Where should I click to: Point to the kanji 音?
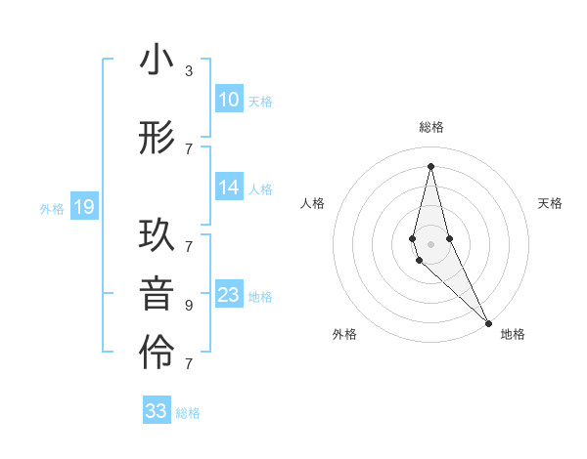157,295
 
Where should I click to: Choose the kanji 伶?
157,354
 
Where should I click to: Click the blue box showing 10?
229,100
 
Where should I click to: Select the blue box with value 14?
229,188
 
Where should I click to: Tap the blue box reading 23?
229,295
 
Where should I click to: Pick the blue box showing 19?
83,207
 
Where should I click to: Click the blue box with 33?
157,411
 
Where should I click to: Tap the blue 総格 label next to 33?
188,413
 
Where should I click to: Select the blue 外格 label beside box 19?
52,208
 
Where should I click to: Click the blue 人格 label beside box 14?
260,188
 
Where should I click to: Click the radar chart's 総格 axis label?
430,128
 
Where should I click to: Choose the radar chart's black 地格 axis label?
513,334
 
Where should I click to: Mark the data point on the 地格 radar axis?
488,322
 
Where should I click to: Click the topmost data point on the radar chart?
430,165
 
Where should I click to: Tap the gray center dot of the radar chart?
430,242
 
